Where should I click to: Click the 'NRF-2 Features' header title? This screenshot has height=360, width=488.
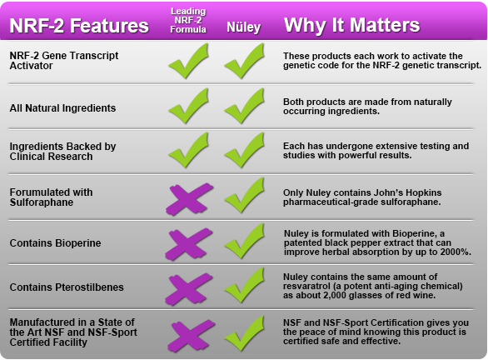click(x=80, y=25)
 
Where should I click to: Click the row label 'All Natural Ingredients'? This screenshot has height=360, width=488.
click(x=62, y=108)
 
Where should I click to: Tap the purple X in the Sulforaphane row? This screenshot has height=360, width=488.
click(x=189, y=197)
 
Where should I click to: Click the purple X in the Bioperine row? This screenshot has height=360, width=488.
click(x=189, y=242)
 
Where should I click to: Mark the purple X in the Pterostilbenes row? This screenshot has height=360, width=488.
click(x=189, y=287)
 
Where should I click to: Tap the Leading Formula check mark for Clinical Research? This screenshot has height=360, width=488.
click(x=189, y=151)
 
